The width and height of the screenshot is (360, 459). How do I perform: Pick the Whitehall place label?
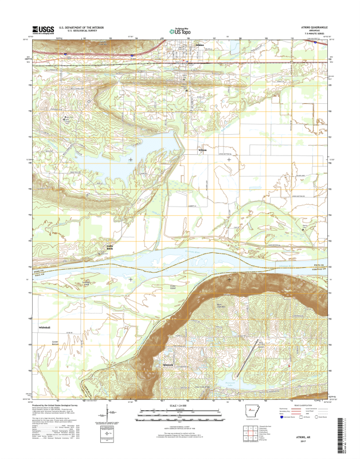pos(45,326)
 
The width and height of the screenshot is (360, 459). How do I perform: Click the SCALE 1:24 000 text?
pos(179,405)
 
